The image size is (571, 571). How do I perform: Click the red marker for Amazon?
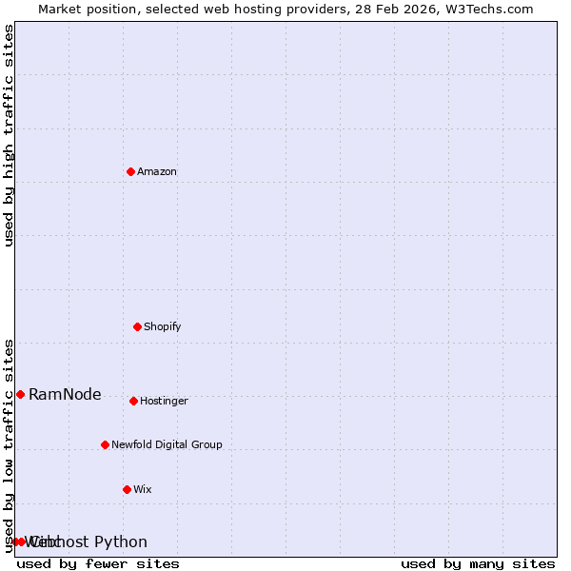point(130,171)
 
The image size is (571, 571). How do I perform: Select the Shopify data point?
point(137,326)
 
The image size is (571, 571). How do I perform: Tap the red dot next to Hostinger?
point(133,401)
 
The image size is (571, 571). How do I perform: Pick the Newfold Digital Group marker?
point(105,444)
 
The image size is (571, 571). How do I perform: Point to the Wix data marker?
point(127,489)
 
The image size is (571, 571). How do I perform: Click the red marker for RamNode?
point(20,394)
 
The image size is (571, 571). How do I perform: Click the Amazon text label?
point(157,172)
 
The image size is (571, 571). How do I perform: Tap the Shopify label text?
point(163,327)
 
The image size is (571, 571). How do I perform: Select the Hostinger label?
point(164,402)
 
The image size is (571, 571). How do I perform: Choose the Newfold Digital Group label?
point(167,445)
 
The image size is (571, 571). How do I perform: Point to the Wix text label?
point(143,490)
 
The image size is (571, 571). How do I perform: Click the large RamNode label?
point(65,395)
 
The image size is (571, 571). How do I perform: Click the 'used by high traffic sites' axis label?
point(9,135)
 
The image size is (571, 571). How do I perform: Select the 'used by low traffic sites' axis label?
point(9,444)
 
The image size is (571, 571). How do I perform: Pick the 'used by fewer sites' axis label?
point(98,564)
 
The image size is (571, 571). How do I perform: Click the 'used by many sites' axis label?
point(478,564)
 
